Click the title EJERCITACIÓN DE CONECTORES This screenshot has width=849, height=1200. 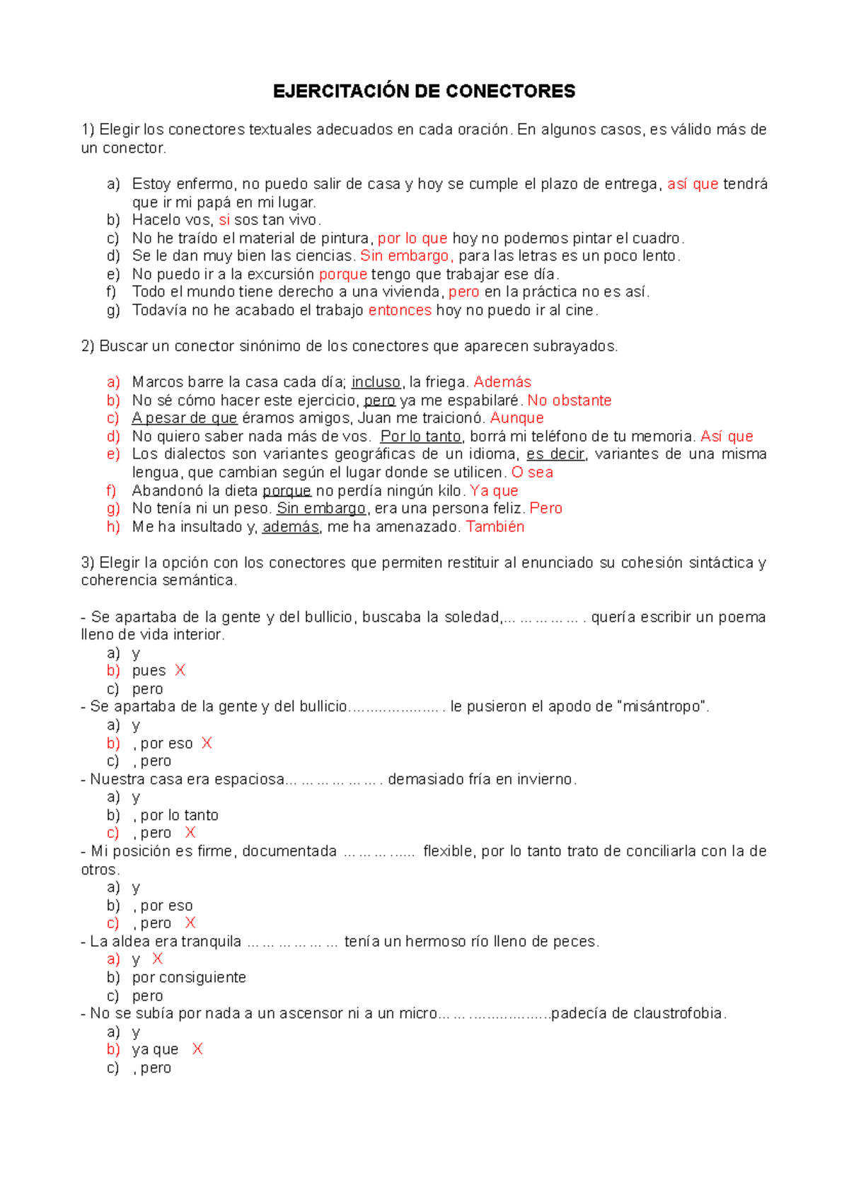(424, 91)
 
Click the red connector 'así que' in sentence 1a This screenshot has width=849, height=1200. (693, 185)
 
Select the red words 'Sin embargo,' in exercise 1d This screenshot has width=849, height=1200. (407, 256)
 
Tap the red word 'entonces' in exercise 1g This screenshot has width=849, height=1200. (400, 310)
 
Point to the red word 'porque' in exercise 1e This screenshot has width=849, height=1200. (342, 275)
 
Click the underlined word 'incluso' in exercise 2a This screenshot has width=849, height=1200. (376, 382)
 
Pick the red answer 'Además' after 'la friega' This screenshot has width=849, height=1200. (502, 382)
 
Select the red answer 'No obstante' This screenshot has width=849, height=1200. (570, 400)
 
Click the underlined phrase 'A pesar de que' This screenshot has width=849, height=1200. (184, 418)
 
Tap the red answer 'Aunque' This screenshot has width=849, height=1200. (516, 418)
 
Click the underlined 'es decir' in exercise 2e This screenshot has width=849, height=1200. (555, 454)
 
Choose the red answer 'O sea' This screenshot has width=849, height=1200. (532, 473)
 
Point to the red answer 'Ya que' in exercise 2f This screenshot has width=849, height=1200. (494, 490)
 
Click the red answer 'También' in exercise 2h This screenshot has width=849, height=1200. (495, 526)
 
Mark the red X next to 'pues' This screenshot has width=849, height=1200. (180, 671)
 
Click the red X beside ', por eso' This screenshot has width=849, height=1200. (207, 743)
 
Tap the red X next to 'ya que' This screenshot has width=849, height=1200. (197, 1049)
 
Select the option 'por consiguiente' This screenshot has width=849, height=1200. (189, 978)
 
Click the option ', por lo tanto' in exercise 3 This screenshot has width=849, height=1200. (175, 815)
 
